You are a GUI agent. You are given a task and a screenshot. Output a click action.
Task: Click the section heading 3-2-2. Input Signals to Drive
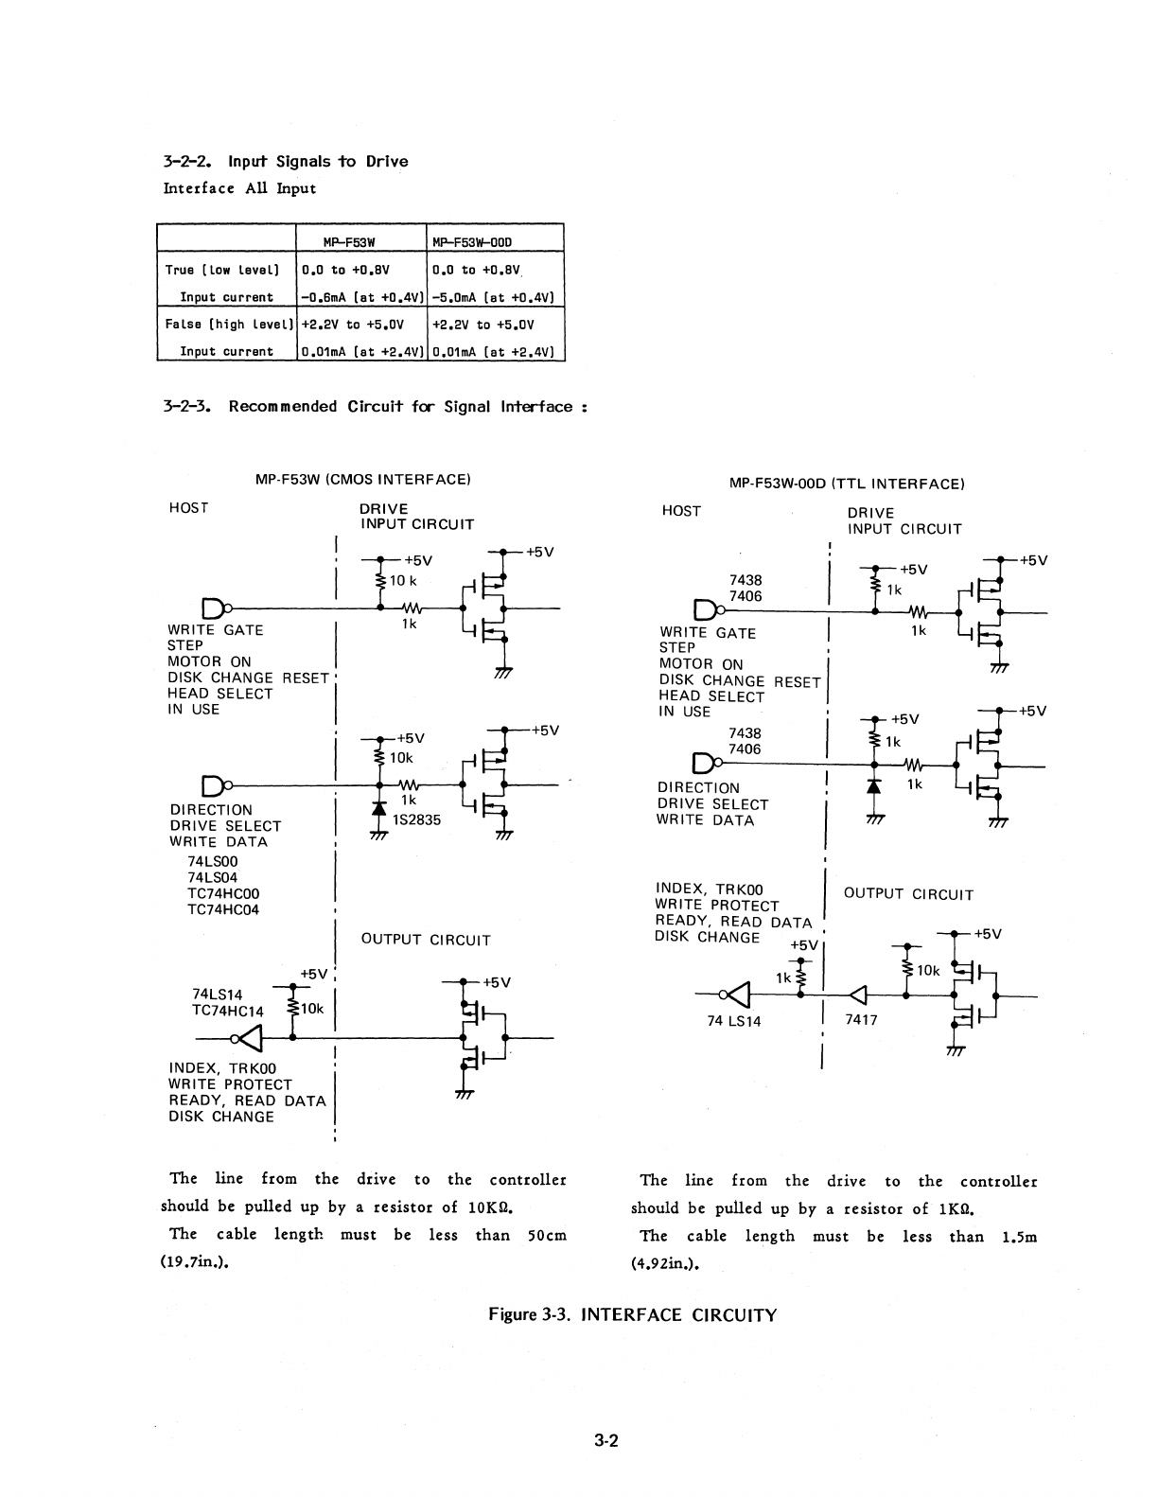[286, 162]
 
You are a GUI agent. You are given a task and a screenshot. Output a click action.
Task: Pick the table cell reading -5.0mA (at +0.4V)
[493, 297]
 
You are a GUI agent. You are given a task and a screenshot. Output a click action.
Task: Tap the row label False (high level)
[227, 325]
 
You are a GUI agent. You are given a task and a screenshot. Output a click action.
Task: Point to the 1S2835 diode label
[417, 820]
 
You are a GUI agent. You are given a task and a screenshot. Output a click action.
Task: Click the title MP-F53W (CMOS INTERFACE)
[363, 480]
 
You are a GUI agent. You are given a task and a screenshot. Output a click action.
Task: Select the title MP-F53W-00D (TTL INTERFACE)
[847, 484]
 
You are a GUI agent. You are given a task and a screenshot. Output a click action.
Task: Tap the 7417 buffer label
[861, 1020]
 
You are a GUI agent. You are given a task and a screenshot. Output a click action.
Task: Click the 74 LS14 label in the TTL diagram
[734, 1021]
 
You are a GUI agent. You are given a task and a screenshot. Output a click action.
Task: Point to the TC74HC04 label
[223, 909]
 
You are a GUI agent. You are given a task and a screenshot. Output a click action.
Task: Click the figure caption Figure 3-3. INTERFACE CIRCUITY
[632, 1315]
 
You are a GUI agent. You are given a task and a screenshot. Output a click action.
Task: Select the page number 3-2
[606, 1442]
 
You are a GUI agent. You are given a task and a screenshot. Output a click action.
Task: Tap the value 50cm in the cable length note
[547, 1235]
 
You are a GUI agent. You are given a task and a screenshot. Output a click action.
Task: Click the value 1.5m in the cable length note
[1019, 1237]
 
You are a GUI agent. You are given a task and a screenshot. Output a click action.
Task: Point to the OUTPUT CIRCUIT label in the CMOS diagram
[426, 940]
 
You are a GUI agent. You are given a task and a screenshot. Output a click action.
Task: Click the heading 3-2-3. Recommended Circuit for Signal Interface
[377, 407]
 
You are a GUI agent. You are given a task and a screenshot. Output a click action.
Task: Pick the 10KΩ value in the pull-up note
[490, 1207]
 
